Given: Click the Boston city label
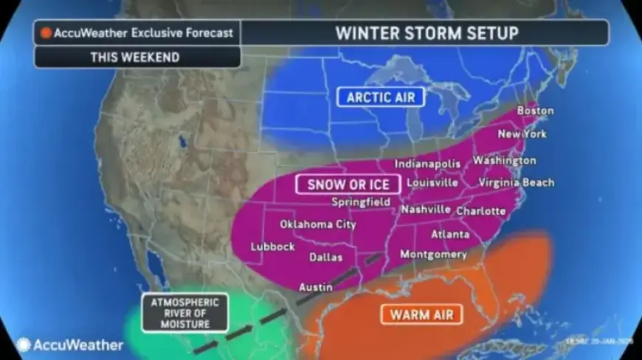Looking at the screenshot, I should coord(535,111).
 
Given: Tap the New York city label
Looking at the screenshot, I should coord(522,134).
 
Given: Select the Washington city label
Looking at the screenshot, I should coord(505,160).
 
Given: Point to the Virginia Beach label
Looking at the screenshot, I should coord(516,182).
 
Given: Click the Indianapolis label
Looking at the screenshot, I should coord(427,164).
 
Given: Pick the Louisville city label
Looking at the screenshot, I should coord(432,182).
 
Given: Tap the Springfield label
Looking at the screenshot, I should coord(361,201).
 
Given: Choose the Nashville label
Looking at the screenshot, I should coord(426,210).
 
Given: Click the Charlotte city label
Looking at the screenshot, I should coord(481,211).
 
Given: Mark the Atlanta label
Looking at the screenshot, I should coord(450,235).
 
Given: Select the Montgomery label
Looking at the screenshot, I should coord(433,255).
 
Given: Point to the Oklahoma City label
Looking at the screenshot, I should coord(317,224).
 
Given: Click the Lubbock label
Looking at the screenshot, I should coord(273,246).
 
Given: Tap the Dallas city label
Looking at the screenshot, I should coord(325,257).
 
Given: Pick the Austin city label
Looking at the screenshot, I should coord(315,286).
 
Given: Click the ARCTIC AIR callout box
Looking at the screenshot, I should coord(380,97).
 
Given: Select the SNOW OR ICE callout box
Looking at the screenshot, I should coord(348,184).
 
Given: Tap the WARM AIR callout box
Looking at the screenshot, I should coord(421,315).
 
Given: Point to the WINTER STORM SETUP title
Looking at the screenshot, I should coord(427,32).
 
